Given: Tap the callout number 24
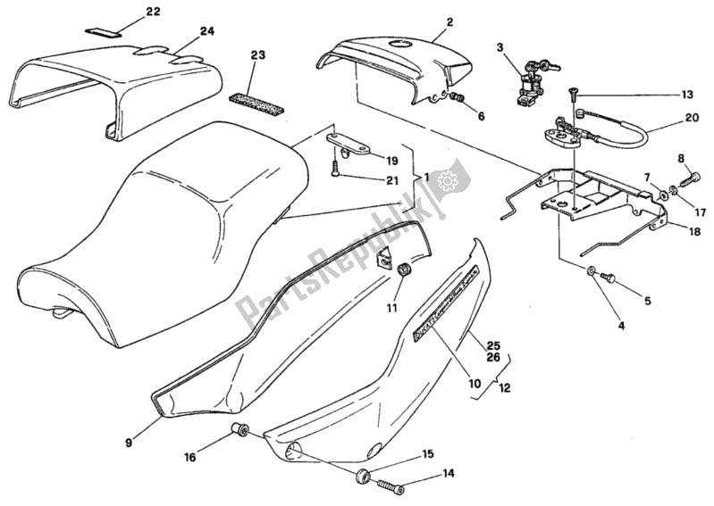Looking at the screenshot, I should click(x=207, y=31).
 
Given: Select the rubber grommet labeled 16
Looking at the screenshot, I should click(x=239, y=430).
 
